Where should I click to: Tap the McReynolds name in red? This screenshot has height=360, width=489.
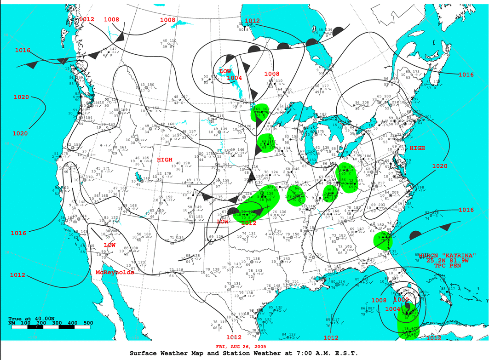tap(115, 272)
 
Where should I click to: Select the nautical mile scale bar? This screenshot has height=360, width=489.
tap(51, 328)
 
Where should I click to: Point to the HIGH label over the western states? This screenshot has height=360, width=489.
tap(165, 160)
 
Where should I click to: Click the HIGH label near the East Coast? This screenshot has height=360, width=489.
tap(417, 148)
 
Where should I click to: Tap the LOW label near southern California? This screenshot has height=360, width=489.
tap(109, 245)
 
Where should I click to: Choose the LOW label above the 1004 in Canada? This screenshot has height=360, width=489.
tap(225, 71)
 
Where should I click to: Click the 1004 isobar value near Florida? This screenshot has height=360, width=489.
tap(392, 309)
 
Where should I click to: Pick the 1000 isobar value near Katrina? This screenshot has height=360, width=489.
tap(401, 299)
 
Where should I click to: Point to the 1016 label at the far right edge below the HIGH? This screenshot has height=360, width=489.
tap(466, 210)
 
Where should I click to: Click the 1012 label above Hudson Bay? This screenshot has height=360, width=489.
tap(252, 21)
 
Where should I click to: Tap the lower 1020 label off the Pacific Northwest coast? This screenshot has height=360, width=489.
tap(20, 133)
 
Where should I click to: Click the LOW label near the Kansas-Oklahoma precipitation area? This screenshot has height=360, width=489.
tap(223, 221)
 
